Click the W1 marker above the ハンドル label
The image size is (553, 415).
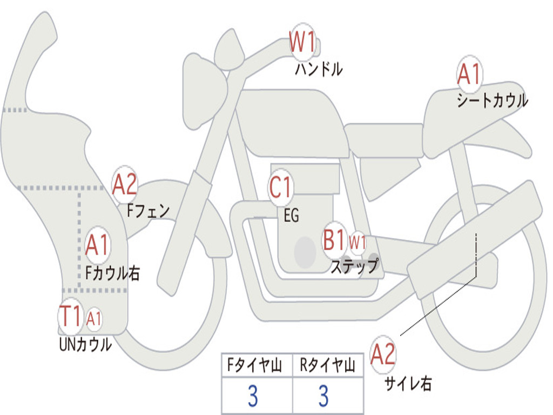pyautogui.click(x=302, y=42)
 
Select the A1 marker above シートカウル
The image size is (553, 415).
pyautogui.click(x=469, y=75)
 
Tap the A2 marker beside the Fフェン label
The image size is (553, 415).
pyautogui.click(x=125, y=184)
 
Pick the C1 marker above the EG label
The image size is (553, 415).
pyautogui.click(x=281, y=188)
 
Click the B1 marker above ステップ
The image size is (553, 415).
pyautogui.click(x=334, y=240)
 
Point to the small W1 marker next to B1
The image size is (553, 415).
pyautogui.click(x=358, y=242)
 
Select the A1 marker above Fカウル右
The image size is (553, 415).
pyautogui.click(x=98, y=246)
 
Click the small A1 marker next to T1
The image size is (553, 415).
pyautogui.click(x=94, y=319)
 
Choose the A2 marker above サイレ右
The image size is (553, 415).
pyautogui.click(x=383, y=354)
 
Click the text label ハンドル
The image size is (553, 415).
pyautogui.click(x=319, y=69)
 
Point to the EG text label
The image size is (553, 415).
pyautogui.click(x=291, y=216)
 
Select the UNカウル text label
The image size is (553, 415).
pyautogui.click(x=85, y=344)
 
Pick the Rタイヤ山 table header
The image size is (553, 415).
pyautogui.click(x=328, y=366)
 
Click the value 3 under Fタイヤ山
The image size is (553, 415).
pyautogui.click(x=253, y=396)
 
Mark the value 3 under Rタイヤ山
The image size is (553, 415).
pyautogui.click(x=323, y=396)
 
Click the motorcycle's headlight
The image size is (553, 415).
pyautogui.click(x=204, y=89)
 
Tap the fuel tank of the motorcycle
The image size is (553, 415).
pyautogui.click(x=292, y=122)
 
